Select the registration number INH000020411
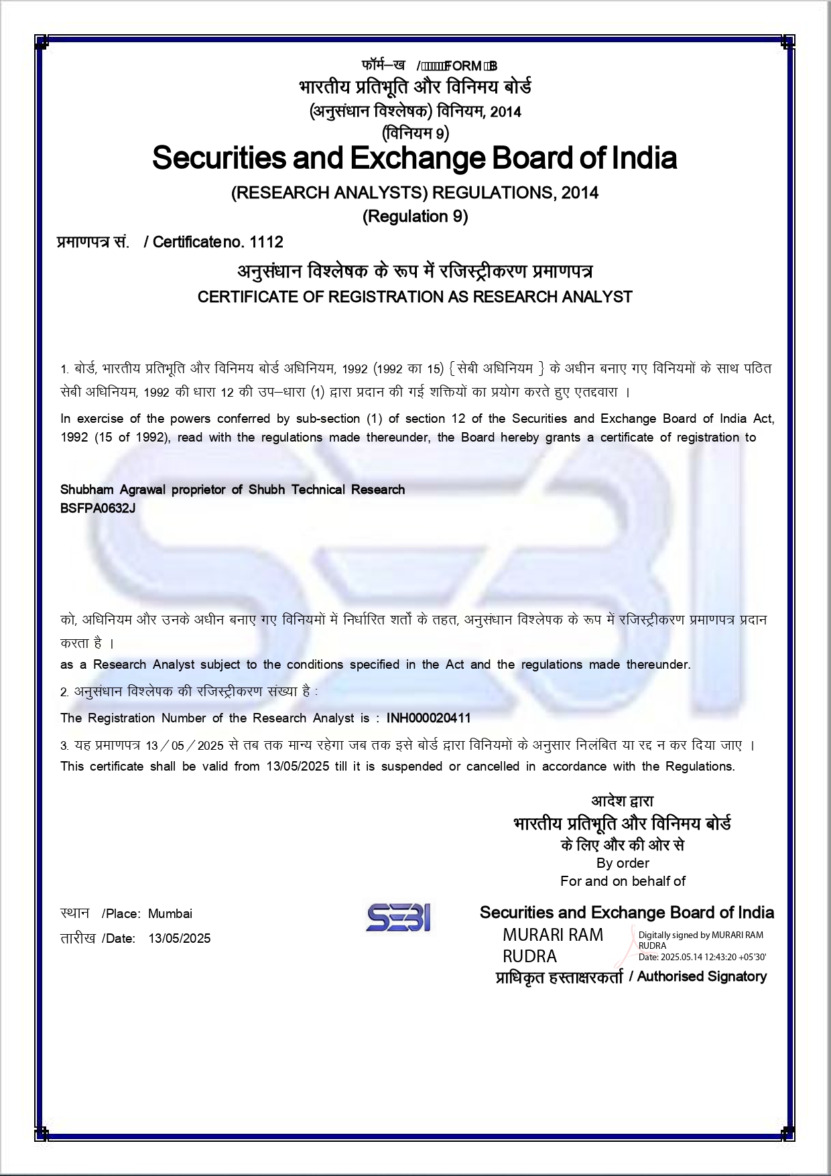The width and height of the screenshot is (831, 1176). (x=428, y=718)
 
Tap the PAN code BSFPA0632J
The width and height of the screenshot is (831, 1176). (x=98, y=508)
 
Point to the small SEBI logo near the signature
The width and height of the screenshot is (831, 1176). (x=398, y=917)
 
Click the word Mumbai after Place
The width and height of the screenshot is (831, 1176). (x=170, y=914)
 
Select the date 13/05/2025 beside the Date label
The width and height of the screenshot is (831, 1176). (x=180, y=939)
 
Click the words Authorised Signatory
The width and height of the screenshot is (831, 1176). (x=702, y=976)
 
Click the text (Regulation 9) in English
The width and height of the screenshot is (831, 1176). (x=415, y=216)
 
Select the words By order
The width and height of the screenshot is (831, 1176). (x=623, y=863)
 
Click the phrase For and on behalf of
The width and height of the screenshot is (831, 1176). (x=623, y=881)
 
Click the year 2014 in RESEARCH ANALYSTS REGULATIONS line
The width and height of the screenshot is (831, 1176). (x=580, y=193)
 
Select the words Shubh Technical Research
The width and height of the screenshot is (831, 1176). (x=326, y=489)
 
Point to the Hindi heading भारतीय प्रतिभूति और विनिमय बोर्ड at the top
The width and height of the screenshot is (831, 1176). (x=415, y=87)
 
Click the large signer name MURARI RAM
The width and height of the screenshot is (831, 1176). (x=553, y=935)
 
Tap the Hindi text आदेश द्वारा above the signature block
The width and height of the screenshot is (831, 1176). (x=622, y=801)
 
